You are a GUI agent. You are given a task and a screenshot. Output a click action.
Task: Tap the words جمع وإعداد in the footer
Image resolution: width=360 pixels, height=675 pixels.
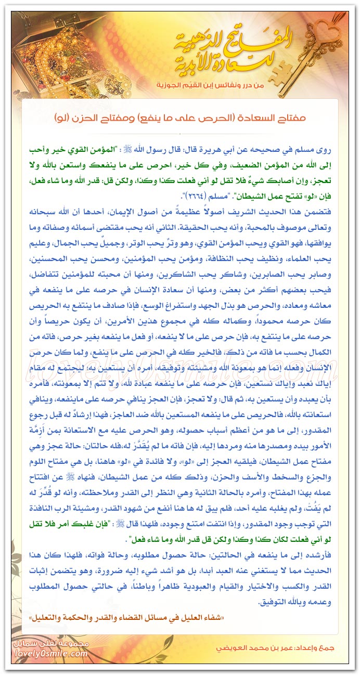[x=321, y=650]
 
